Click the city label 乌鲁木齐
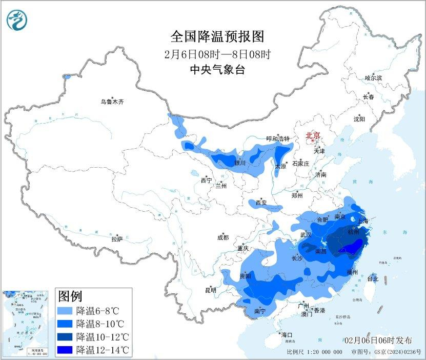[112, 102]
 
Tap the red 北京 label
[313, 135]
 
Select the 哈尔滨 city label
[373, 78]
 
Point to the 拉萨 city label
[117, 239]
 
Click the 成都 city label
[223, 237]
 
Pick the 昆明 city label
[211, 290]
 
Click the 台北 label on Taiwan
[373, 279]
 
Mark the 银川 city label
[240, 163]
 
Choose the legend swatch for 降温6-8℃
[66, 311]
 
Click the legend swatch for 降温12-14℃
[66, 350]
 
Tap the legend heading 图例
[70, 296]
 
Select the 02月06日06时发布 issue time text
[378, 341]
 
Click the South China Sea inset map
[25, 323]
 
